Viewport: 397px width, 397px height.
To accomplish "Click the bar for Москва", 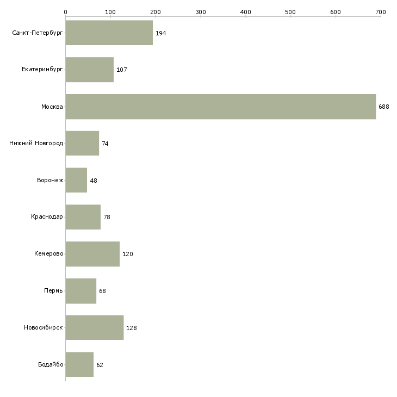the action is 221,107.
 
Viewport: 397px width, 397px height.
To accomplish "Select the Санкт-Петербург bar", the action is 109,33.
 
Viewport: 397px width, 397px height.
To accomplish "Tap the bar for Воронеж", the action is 76,180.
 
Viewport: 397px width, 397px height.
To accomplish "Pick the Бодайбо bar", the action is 79,364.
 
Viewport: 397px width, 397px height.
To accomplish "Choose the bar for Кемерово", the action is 92,254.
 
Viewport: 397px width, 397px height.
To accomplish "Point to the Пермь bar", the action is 81,291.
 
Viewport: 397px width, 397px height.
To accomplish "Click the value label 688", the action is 384,107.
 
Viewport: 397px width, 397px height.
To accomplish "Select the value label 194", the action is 161,33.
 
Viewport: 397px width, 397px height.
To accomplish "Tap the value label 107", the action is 121,70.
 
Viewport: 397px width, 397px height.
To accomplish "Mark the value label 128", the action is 132,328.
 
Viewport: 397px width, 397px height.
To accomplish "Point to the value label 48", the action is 94,181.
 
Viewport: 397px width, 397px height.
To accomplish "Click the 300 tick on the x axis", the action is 201,12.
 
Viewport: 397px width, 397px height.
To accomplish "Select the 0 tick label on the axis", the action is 66,12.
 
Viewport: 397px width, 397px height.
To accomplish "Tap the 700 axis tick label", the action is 381,12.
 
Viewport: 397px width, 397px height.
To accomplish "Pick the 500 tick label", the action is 290,12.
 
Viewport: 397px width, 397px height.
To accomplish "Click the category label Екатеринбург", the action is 42,70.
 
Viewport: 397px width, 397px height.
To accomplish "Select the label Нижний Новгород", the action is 36,143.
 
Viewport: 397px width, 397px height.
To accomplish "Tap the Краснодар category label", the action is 47,217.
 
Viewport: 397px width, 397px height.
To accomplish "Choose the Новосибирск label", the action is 44,327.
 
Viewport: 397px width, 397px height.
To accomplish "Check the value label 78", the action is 107,217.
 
